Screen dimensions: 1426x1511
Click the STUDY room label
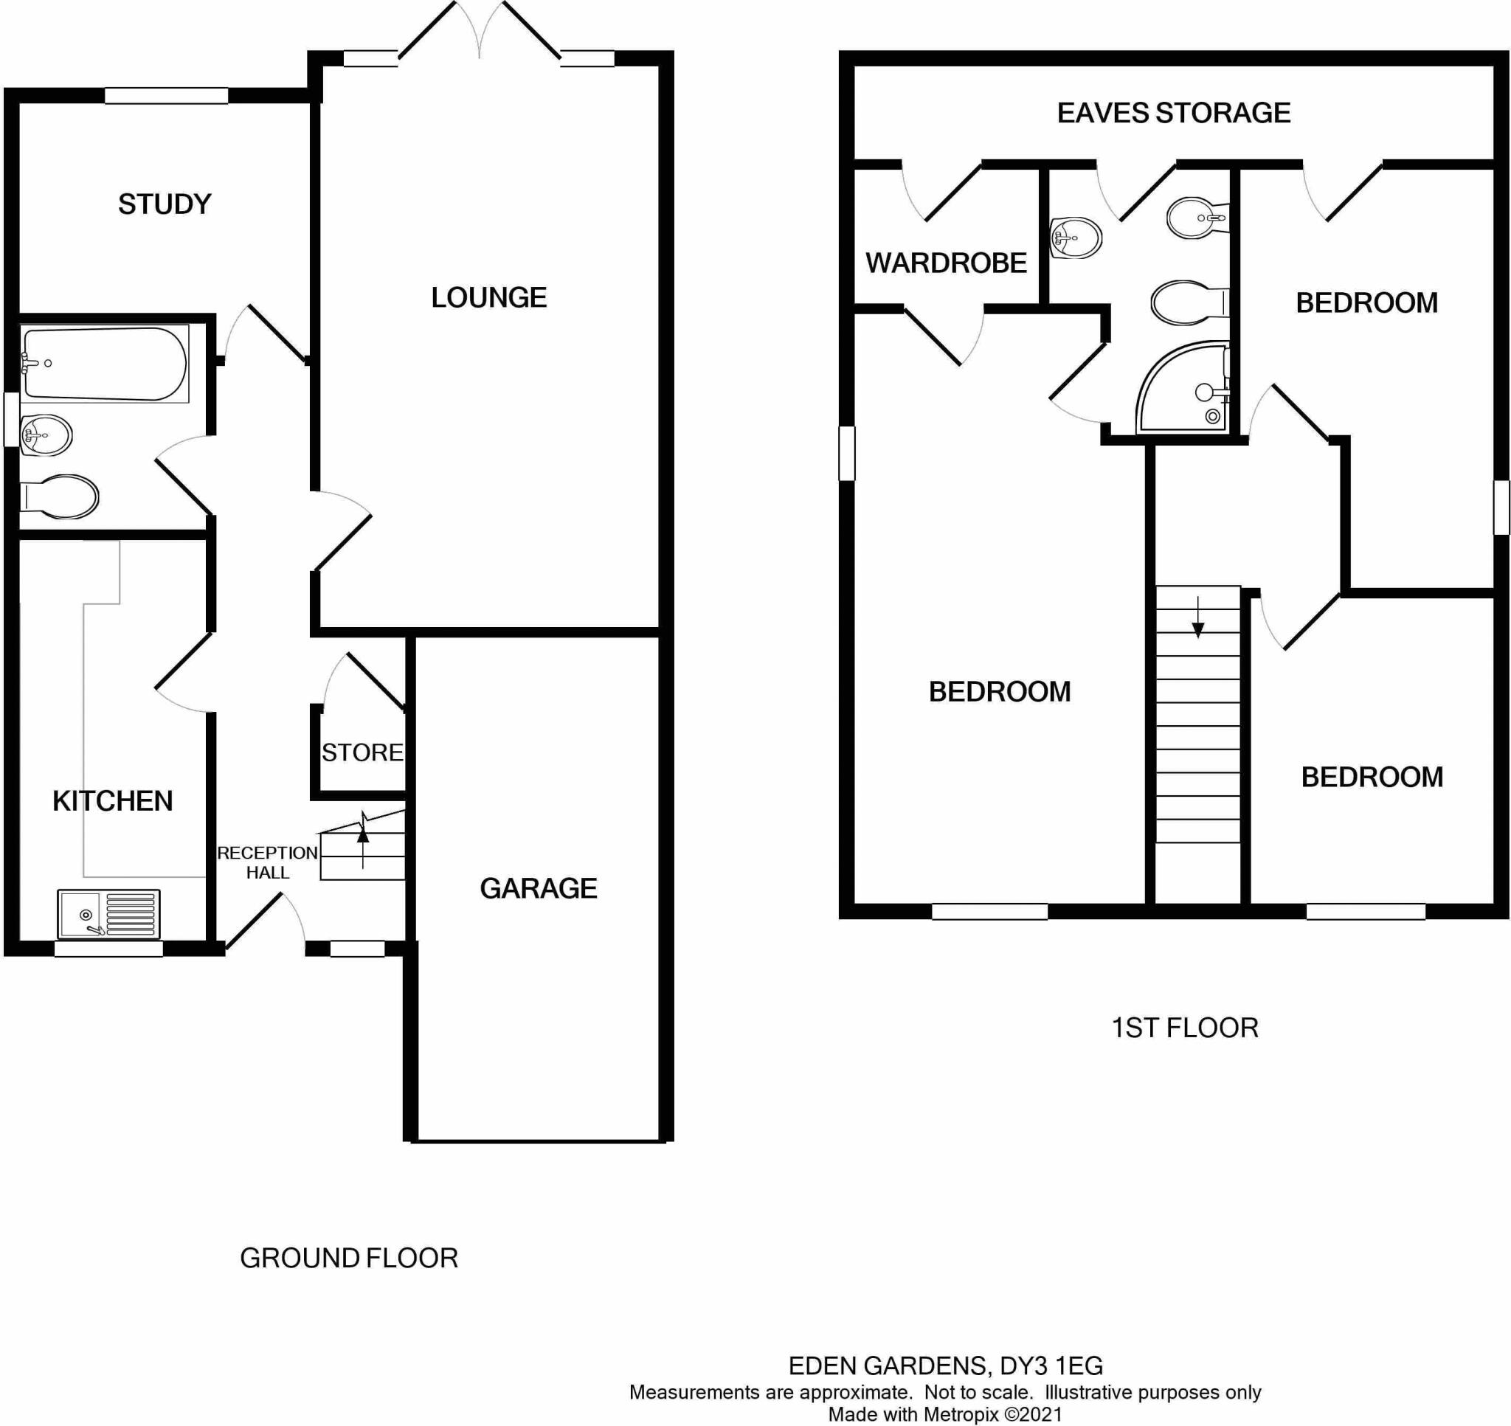(165, 204)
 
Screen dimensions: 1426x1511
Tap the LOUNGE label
(488, 297)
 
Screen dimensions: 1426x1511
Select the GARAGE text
(538, 887)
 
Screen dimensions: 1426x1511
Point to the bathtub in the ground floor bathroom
(104, 364)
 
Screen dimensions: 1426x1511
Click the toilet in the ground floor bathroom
(59, 497)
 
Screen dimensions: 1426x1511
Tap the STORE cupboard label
(362, 752)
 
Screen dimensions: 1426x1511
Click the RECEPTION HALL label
(268, 862)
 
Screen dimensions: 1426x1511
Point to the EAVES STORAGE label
(1174, 112)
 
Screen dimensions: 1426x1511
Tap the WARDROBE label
(946, 263)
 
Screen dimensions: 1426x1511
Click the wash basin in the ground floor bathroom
(46, 435)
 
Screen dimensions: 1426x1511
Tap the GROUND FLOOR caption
(349, 1258)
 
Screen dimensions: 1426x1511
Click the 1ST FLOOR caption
(1184, 1028)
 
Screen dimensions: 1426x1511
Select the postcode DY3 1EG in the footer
(1051, 1366)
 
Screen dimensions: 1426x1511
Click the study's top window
(166, 95)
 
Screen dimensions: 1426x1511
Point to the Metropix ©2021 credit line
(945, 1415)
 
